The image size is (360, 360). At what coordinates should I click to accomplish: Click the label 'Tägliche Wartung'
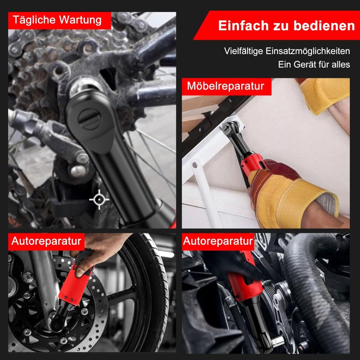57,20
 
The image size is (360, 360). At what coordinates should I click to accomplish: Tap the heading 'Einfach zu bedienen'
287,26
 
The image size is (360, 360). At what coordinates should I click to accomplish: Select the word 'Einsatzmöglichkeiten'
308,51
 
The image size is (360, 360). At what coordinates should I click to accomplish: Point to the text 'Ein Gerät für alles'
314,64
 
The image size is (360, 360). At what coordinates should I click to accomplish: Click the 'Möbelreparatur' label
225,86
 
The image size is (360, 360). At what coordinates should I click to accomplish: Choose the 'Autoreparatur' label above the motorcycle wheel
46,241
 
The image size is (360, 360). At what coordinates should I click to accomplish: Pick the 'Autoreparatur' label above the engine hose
218,241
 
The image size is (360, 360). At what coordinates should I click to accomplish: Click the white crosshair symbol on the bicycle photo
99,199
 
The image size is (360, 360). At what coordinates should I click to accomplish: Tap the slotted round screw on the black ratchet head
89,119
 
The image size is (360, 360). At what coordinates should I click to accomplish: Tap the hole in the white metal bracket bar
195,165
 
